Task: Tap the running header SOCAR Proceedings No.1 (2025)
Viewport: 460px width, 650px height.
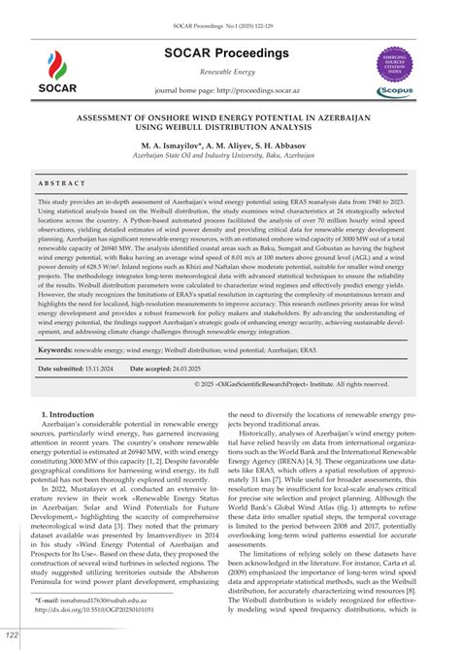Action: point(229,9)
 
